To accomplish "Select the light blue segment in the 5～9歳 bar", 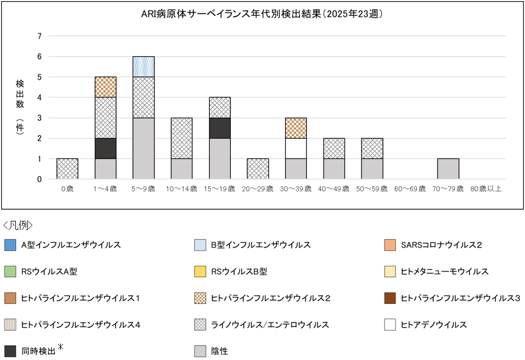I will [x=143, y=66].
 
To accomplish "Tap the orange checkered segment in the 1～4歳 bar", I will [x=105, y=87].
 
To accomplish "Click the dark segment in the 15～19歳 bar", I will [x=219, y=128].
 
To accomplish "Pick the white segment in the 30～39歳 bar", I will [x=295, y=148].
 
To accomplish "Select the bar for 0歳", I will [x=67, y=169].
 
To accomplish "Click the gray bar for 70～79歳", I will [x=448, y=169].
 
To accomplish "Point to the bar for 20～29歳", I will [x=257, y=169].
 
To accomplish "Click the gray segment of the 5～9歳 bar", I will [x=143, y=148].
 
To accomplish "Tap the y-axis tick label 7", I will [x=40, y=36].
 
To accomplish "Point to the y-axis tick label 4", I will [x=40, y=98].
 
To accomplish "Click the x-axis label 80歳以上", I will [x=486, y=189].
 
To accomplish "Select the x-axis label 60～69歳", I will [x=410, y=189].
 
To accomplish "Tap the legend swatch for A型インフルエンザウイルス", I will [x=10, y=245].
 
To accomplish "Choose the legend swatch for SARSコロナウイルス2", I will [x=390, y=245].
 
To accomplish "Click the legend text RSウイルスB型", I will [x=239, y=272].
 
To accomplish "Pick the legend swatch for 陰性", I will [x=200, y=351].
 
